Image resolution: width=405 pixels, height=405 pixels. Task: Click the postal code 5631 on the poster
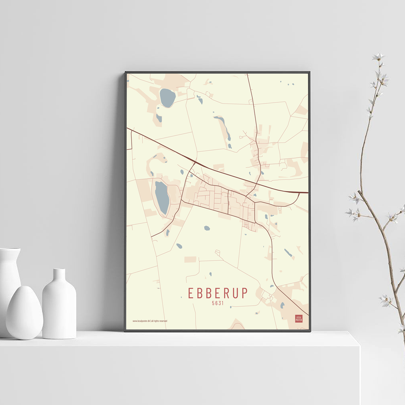point(217,302)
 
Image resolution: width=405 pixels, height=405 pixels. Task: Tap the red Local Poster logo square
point(298,318)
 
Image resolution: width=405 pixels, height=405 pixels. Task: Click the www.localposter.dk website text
point(141,321)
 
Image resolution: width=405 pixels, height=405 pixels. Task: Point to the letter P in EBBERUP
point(244,293)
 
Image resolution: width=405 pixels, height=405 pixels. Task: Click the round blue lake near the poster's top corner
point(167,98)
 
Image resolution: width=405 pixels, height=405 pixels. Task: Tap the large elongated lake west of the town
point(162,197)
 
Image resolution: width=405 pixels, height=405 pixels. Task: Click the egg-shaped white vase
point(24,312)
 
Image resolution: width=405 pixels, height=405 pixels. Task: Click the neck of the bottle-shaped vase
point(59,275)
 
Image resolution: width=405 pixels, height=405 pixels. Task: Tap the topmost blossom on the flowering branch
point(378,57)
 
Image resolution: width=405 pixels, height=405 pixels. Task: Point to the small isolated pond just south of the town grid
point(207,228)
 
